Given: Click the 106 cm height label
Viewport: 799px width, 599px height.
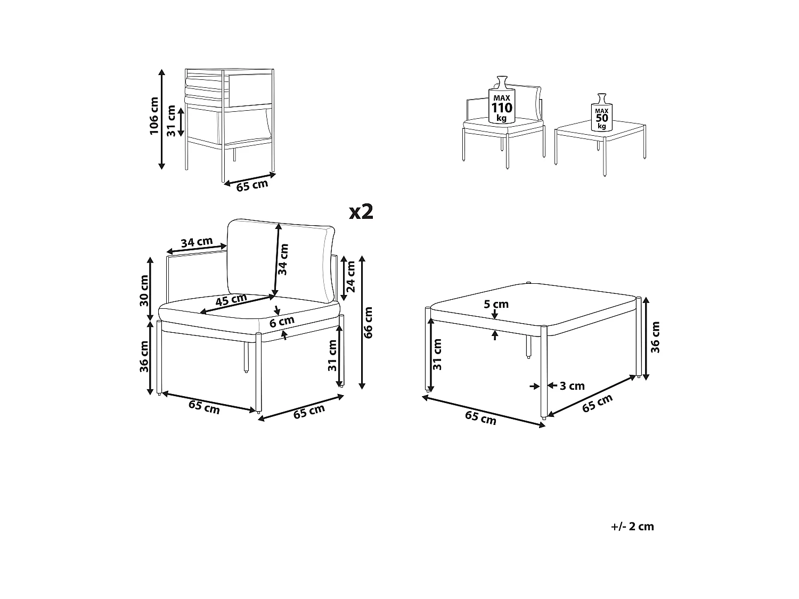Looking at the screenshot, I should [x=154, y=116].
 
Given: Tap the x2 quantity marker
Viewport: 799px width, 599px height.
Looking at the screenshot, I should [x=361, y=212].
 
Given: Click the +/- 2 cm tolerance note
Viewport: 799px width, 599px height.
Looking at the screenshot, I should [x=632, y=527].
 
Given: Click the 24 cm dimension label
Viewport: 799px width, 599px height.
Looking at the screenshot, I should [x=351, y=277].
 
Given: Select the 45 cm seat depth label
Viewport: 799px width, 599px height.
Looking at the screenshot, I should [x=231, y=301].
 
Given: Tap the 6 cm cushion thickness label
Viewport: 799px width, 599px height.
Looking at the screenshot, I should [x=282, y=322].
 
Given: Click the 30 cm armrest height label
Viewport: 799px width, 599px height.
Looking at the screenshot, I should [x=144, y=291].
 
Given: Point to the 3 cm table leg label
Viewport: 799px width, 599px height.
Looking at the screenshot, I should [x=572, y=386].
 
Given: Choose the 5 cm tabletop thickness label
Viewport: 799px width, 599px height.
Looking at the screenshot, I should [x=496, y=305].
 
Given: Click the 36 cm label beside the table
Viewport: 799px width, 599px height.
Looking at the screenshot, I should [x=656, y=337].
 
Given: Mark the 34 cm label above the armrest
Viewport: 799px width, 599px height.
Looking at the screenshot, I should [x=196, y=243].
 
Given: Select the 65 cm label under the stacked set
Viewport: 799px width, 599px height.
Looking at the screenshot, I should [x=252, y=186].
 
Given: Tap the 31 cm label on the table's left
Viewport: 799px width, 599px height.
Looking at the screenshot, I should [x=438, y=355].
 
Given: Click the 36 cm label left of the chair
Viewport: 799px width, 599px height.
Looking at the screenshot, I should [x=144, y=357].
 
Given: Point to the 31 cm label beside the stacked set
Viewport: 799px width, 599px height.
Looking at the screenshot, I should [x=171, y=121].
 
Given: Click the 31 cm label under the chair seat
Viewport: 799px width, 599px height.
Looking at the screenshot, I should [x=332, y=356].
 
